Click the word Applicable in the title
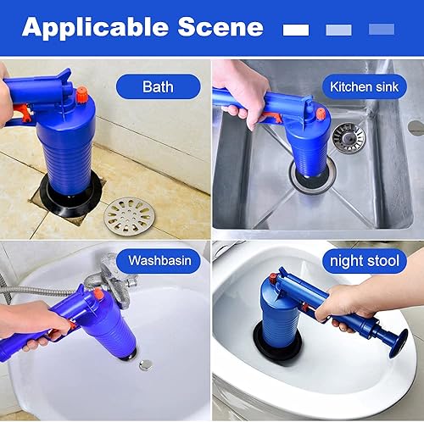pos(96,28)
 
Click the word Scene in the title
pos(220,27)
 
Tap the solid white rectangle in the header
pos(296,30)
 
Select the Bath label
pos(158,86)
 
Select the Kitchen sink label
pos(364,86)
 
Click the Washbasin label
pos(159,260)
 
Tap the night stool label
pos(365,261)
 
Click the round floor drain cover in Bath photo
pos(130,216)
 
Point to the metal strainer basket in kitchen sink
pos(349,138)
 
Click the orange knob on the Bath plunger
pos(82,94)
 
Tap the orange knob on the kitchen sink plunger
pos(321,114)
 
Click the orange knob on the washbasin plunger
pos(98,294)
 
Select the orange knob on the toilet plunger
pos(273,279)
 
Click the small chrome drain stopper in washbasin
pos(146,365)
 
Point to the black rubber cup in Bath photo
pos(70,197)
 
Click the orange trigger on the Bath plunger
pos(24,113)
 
